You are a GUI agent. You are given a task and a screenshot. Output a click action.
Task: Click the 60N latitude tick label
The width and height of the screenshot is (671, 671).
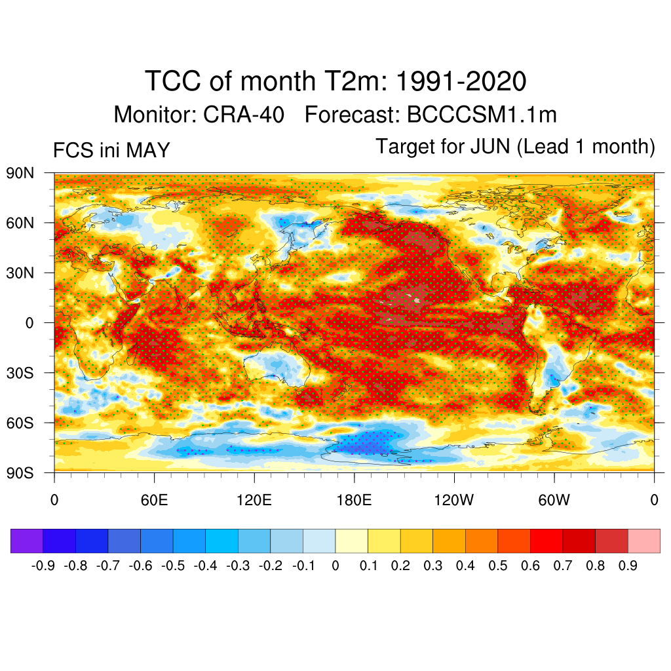(20, 223)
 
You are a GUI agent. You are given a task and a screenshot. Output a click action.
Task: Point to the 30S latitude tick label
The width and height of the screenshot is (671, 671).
(20, 373)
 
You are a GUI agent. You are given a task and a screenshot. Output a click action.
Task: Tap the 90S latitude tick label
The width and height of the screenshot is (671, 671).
(20, 473)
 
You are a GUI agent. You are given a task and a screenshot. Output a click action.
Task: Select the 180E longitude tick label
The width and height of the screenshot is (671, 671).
(354, 500)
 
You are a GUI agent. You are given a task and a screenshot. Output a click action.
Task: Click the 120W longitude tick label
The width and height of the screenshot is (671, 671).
(454, 500)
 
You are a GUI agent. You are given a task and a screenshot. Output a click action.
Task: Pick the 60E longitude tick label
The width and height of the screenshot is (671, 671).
(154, 500)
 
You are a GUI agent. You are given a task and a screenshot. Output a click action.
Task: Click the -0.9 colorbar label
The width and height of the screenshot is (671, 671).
(43, 566)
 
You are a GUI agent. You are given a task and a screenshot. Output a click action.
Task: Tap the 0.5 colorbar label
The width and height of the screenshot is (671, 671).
(498, 566)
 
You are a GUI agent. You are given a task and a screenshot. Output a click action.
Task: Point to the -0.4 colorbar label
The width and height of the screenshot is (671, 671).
(205, 566)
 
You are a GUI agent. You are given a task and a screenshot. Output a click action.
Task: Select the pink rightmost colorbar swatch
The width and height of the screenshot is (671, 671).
(644, 541)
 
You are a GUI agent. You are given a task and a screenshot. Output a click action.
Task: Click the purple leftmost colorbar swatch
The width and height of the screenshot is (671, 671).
(26, 541)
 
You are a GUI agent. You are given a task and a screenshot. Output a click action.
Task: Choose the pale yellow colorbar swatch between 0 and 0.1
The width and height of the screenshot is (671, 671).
(352, 541)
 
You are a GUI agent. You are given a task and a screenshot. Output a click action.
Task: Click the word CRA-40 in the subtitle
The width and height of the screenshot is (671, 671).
(244, 115)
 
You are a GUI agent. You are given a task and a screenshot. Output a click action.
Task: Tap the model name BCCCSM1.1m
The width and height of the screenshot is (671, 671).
(482, 115)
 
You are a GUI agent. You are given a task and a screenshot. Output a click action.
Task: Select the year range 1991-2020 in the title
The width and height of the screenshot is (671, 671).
(461, 81)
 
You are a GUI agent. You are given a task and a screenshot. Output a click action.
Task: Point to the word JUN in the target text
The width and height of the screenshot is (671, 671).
(490, 146)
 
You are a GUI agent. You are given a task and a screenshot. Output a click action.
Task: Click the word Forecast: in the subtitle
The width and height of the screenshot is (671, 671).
(352, 115)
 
